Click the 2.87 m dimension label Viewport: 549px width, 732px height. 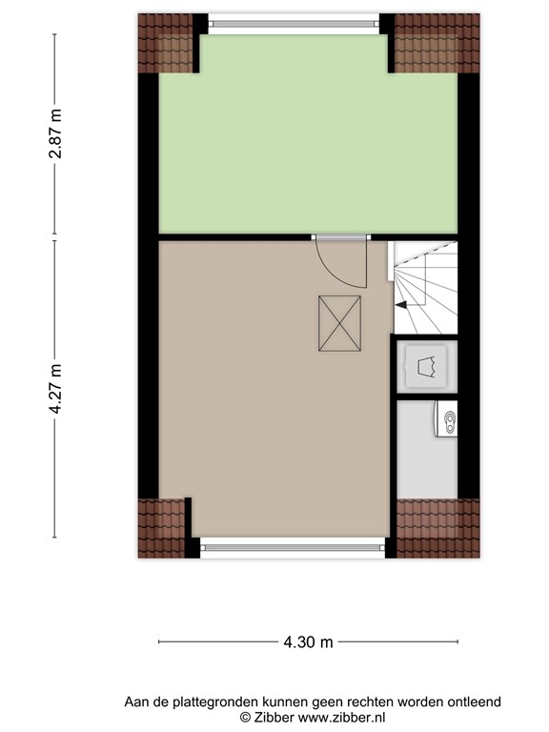click(x=55, y=133)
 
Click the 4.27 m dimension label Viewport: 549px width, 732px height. click(x=55, y=389)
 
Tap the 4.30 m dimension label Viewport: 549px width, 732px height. click(x=308, y=642)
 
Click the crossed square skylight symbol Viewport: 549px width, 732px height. click(x=340, y=323)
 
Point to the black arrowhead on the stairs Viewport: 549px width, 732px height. click(x=401, y=305)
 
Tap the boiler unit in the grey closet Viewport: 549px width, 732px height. click(x=446, y=419)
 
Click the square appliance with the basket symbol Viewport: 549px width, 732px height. click(x=426, y=366)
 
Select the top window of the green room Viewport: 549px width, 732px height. click(x=294, y=23)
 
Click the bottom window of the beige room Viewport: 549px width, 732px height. click(x=293, y=545)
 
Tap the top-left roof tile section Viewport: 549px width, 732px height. click(x=165, y=43)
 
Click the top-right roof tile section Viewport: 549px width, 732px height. click(x=437, y=43)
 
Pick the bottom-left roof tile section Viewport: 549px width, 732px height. click(x=161, y=528)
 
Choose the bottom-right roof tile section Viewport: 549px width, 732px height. click(x=437, y=528)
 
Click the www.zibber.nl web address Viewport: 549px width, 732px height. click(x=342, y=717)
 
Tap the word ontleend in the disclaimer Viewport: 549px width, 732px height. click(x=475, y=701)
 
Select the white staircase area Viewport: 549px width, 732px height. click(x=426, y=288)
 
